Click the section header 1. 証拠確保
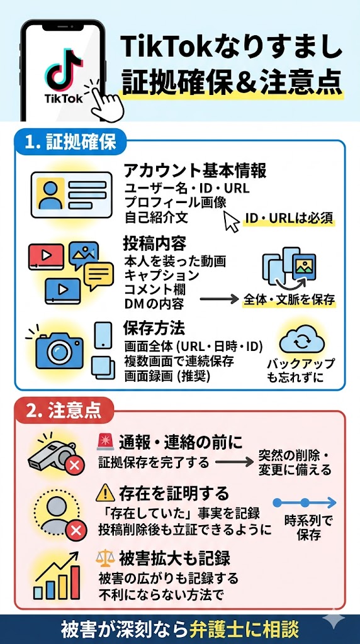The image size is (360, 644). [x=70, y=143]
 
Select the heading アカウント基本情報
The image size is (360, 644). [x=194, y=170]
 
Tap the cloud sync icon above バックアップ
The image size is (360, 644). [x=300, y=340]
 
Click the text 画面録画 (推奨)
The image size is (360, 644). [x=166, y=376]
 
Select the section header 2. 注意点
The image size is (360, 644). [x=64, y=412]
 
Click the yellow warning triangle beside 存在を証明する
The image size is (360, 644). [x=106, y=493]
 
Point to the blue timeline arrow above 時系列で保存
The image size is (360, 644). [x=305, y=502]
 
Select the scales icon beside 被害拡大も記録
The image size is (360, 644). [x=106, y=558]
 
